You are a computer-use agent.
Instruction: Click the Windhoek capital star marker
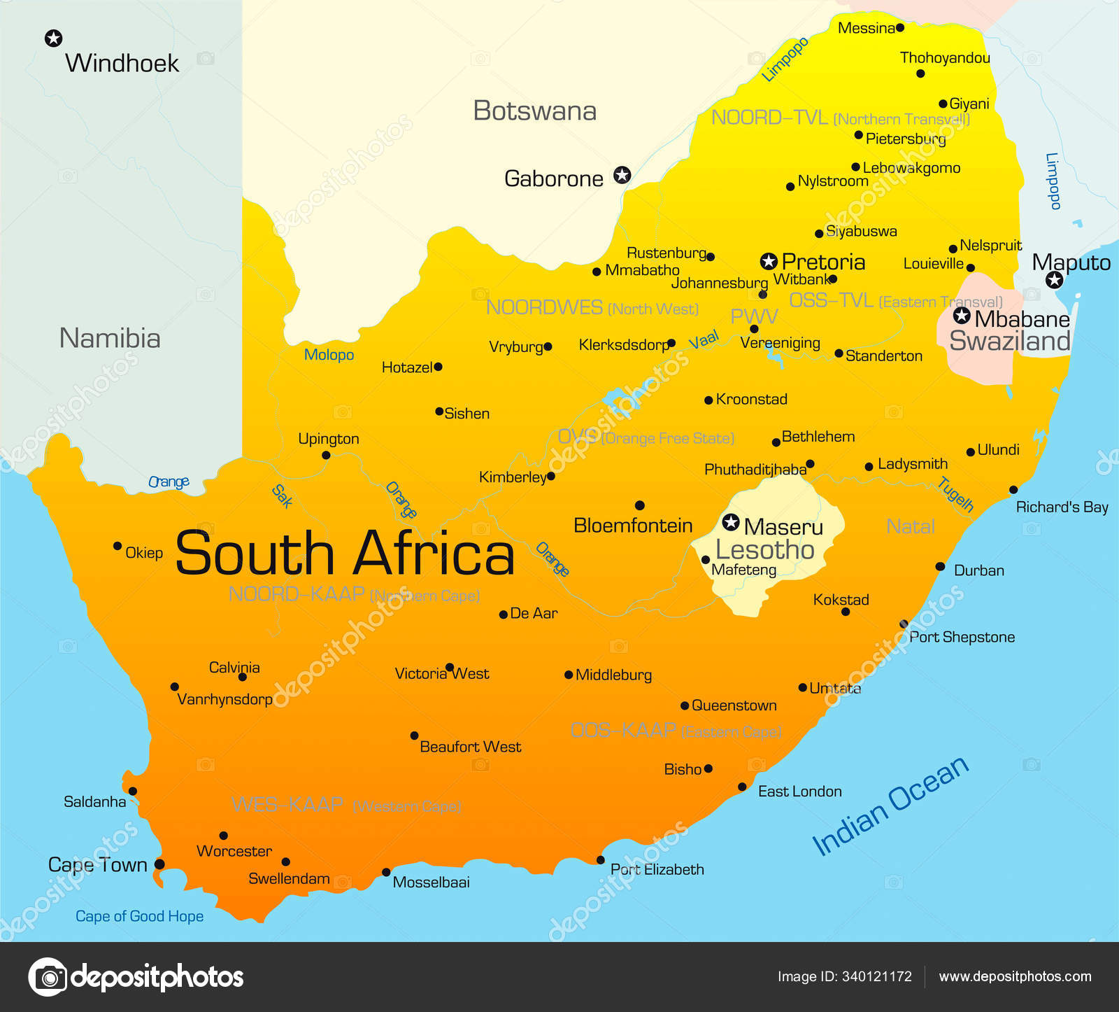tap(53, 38)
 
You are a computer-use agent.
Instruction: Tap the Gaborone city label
tap(553, 179)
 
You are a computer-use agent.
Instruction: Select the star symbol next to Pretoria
tap(769, 262)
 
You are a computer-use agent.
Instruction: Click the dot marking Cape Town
tap(159, 864)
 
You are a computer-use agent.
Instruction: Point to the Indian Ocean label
tap(890, 806)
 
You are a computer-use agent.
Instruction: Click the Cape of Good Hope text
tap(139, 916)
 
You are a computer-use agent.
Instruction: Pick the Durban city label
tap(978, 570)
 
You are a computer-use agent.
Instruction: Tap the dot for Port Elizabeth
tap(601, 860)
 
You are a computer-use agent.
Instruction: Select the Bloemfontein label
tap(633, 526)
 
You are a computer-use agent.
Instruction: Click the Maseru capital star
tap(731, 522)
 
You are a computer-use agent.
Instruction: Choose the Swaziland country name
tap(1009, 341)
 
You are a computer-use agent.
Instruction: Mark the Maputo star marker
tap(1054, 281)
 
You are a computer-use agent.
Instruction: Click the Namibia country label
tap(110, 338)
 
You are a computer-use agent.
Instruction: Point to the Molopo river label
tap(329, 355)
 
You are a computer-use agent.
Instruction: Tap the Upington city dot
tap(326, 455)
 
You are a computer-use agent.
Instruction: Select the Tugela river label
tap(956, 494)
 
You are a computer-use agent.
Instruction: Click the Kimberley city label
tap(512, 477)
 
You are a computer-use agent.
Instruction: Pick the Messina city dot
tap(900, 28)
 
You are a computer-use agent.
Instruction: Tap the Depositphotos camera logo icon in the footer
tap(48, 976)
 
